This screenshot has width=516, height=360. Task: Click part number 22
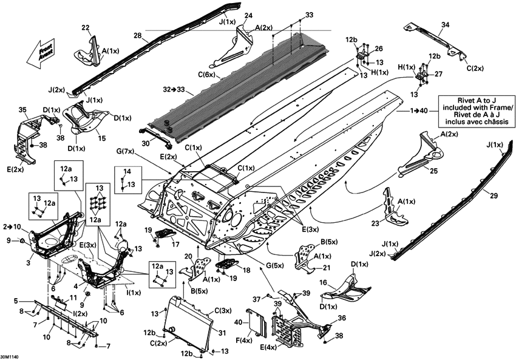click(86, 27)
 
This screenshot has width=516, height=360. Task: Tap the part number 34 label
click(446, 25)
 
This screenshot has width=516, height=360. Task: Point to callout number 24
click(248, 15)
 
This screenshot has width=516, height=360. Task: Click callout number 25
click(433, 171)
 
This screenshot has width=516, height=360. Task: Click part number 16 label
click(323, 282)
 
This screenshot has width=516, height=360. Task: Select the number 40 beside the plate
click(248, 321)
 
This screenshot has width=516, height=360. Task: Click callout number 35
click(24, 110)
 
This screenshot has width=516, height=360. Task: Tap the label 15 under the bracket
click(102, 138)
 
